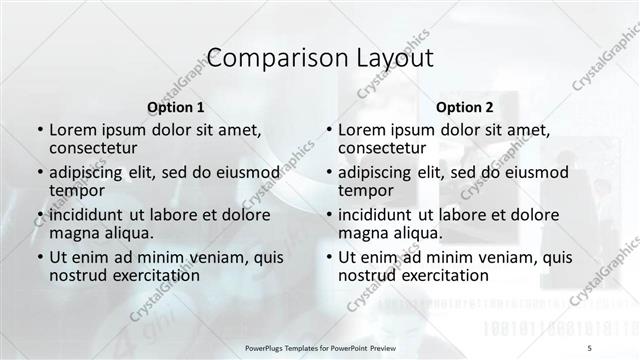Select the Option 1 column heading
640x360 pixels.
(x=175, y=106)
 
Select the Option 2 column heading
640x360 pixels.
(x=465, y=106)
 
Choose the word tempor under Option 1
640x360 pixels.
(x=77, y=190)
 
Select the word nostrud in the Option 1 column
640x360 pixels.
(x=81, y=275)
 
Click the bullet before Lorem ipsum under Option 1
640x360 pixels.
(x=39, y=130)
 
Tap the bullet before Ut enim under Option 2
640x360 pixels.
(x=329, y=256)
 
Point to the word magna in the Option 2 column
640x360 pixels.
(x=362, y=233)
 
